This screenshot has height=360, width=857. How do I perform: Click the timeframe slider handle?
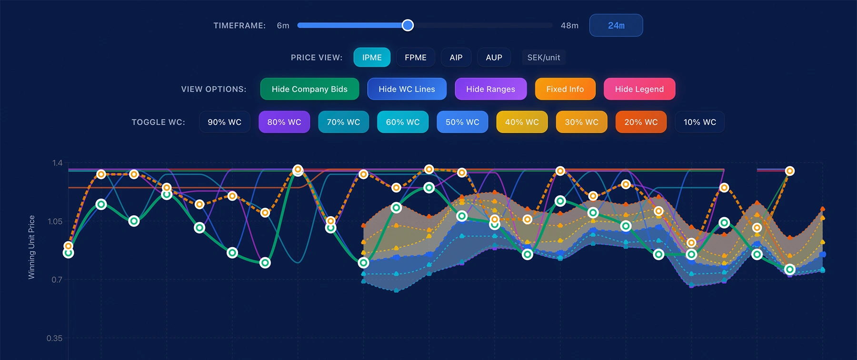pos(408,25)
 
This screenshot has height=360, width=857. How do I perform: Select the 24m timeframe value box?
pos(616,25)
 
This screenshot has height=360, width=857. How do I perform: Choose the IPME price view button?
pos(372,57)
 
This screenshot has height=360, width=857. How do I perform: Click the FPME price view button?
pos(416,57)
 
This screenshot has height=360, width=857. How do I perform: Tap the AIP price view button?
pos(456,57)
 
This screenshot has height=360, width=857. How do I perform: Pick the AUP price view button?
pos(494,57)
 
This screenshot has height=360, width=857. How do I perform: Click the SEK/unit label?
pos(544,57)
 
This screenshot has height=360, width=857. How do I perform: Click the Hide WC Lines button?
pos(407,89)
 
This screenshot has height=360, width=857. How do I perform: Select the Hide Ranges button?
pos(491,89)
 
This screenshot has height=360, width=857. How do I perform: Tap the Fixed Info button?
pos(565,89)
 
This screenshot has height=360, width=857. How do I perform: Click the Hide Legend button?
pos(639,89)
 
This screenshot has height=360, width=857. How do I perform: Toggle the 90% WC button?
pos(225,122)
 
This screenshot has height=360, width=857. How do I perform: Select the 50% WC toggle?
pos(462,122)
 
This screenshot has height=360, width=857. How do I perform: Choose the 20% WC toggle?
pos(641,122)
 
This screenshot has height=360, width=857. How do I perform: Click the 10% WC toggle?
pos(700,122)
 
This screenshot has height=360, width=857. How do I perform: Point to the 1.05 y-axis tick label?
pos(55,221)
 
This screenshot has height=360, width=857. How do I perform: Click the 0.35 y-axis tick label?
pos(54,338)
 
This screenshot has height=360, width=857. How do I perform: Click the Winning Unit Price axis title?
pos(31,247)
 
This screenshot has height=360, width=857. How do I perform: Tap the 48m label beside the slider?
pos(569,25)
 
